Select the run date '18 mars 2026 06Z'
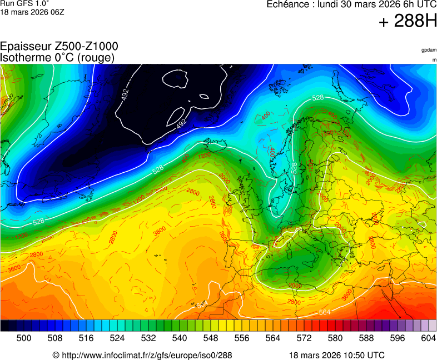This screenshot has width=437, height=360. click(x=32, y=12)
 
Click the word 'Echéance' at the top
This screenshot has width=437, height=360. click(x=289, y=4)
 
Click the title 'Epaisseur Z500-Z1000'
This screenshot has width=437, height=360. click(x=59, y=47)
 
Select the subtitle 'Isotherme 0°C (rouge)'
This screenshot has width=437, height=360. click(x=57, y=57)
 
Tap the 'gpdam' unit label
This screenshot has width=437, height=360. click(x=428, y=50)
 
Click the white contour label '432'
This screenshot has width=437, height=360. click(x=126, y=95)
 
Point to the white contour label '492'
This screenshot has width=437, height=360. click(x=181, y=124)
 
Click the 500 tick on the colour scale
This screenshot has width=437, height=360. click(x=24, y=338)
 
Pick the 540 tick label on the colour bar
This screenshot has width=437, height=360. click(x=180, y=338)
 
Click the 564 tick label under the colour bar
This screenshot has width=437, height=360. click(x=273, y=338)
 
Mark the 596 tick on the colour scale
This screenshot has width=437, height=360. click(x=398, y=338)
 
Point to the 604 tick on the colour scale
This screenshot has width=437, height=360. click(x=428, y=338)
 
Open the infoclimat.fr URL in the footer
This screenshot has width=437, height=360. click(x=146, y=355)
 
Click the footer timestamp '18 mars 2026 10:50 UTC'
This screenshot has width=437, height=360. click(x=336, y=355)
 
